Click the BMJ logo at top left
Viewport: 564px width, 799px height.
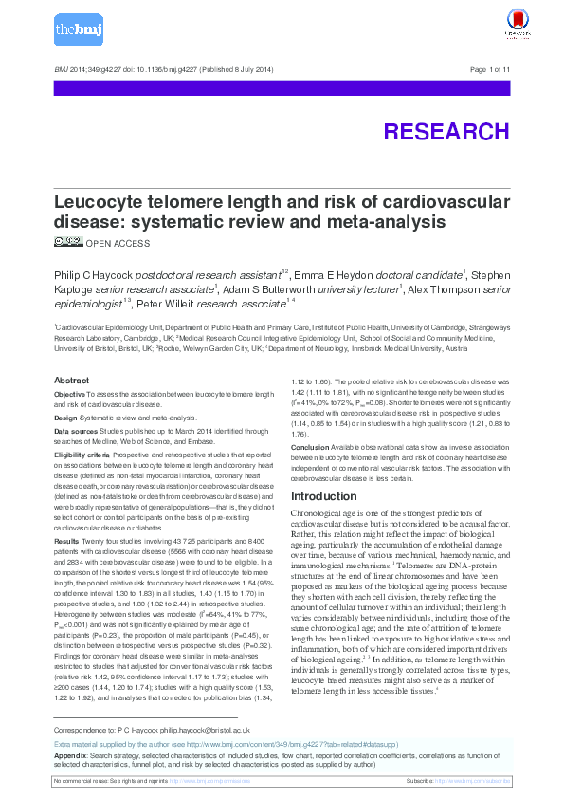click(79, 30)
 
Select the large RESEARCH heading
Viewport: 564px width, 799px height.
click(446, 131)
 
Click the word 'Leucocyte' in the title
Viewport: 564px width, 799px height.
click(100, 203)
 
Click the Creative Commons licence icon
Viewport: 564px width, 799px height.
click(68, 242)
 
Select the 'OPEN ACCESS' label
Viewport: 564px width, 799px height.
click(118, 244)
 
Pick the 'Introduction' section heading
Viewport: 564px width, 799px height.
click(324, 496)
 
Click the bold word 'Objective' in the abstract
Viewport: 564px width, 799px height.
click(69, 393)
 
